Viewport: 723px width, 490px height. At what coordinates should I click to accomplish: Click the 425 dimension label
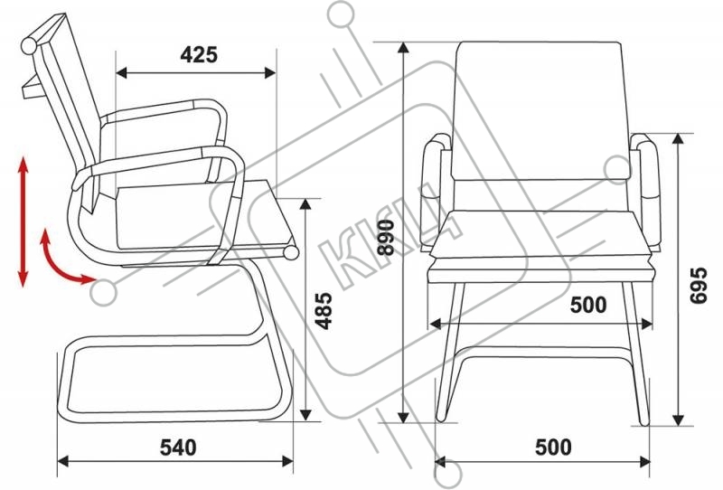(199, 55)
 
